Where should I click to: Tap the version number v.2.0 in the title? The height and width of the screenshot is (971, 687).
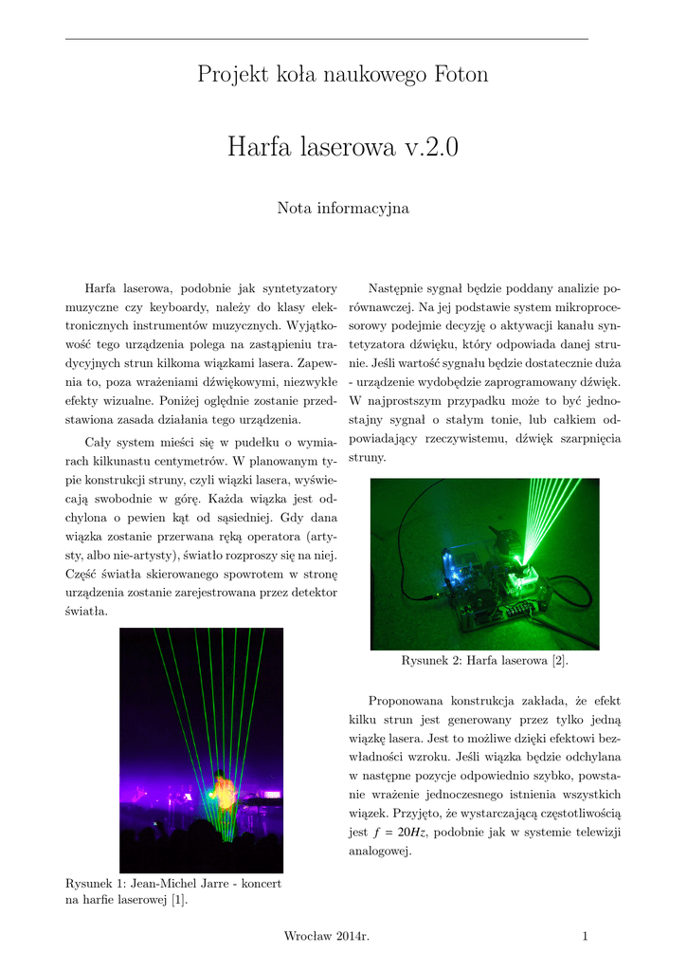422,148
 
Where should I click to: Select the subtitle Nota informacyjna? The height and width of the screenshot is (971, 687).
343,208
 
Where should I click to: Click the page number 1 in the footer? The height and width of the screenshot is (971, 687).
586,937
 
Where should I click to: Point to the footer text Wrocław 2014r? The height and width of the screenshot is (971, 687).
326,937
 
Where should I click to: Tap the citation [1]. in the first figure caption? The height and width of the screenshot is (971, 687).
177,901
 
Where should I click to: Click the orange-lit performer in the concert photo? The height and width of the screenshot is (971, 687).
225,795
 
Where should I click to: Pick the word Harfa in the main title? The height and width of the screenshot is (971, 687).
261,148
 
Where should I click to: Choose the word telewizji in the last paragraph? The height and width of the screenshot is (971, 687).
594,832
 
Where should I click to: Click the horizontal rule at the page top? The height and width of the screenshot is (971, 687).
326,39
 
